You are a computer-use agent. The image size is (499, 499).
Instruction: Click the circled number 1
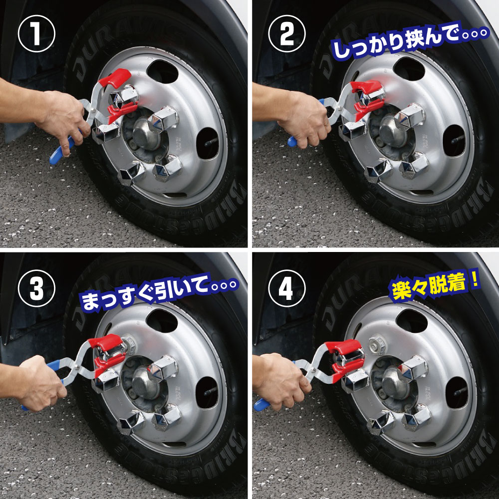click(36, 34)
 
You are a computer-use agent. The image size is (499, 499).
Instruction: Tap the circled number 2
click(287, 34)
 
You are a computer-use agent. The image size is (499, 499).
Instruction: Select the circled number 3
click(36, 288)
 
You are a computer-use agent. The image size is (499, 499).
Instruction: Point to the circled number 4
click(287, 288)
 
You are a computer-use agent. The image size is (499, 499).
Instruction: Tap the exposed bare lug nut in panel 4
click(377, 344)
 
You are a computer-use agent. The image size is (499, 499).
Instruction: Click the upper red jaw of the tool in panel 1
click(115, 78)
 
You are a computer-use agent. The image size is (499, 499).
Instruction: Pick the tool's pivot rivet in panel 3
click(77, 369)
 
